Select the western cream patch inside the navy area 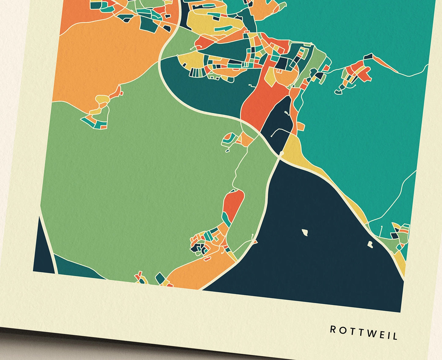tap(305, 233)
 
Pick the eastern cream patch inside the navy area tap(370, 244)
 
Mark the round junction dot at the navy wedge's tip tap(281, 152)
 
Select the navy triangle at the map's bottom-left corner tap(43, 251)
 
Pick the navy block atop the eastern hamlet tap(368, 56)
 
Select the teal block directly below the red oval tap(227, 219)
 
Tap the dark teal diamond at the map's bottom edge tap(160, 278)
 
